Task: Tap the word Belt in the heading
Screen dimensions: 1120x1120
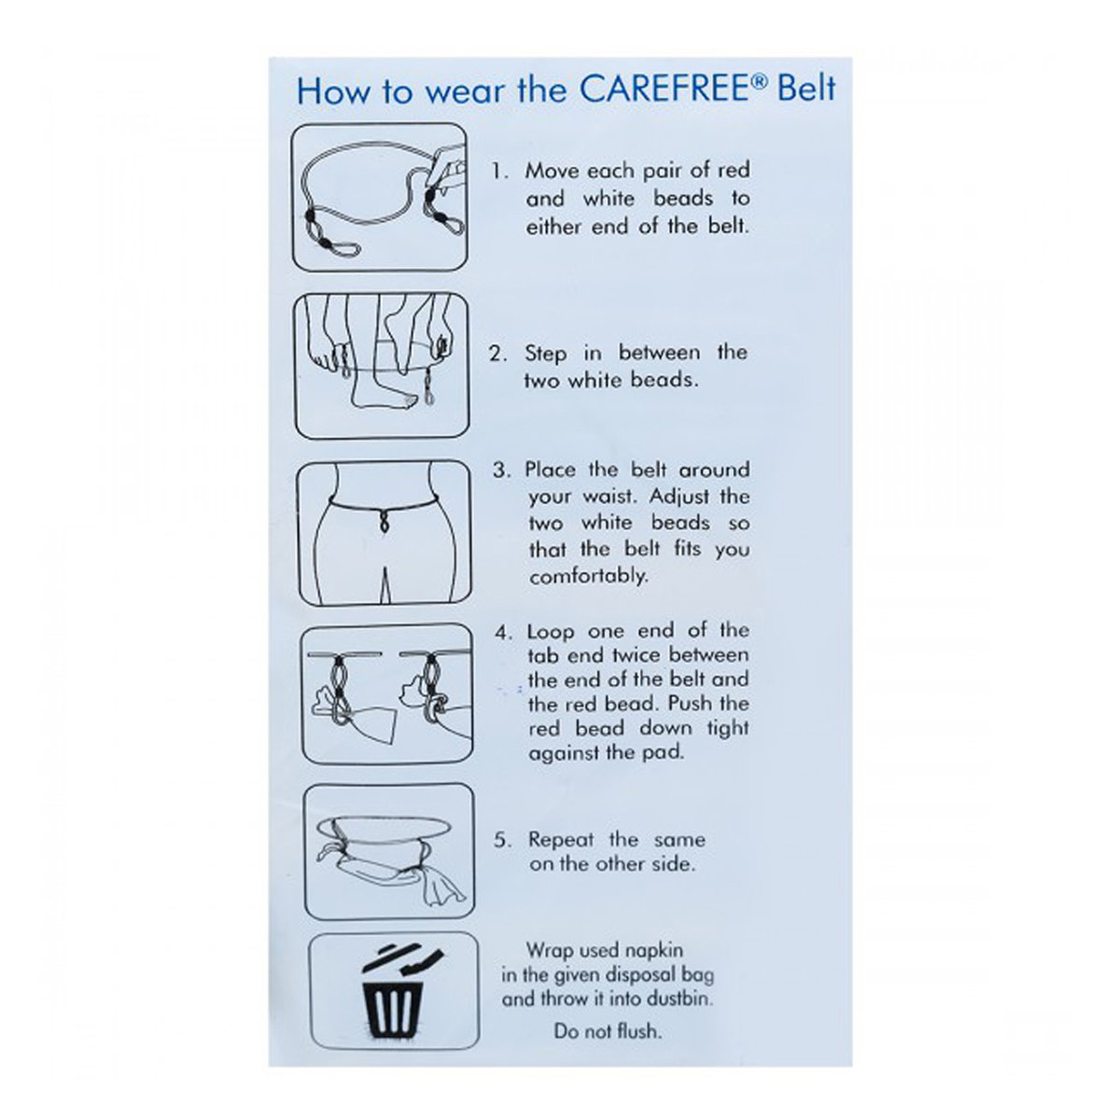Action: click(x=806, y=90)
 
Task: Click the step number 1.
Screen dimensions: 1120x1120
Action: click(x=499, y=172)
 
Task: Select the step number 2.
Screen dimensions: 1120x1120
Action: click(x=497, y=354)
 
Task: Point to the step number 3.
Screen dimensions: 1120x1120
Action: click(x=501, y=470)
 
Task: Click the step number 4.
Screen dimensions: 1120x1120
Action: click(x=503, y=633)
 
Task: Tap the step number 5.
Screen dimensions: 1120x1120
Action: click(x=503, y=840)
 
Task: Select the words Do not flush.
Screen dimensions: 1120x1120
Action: click(x=608, y=1031)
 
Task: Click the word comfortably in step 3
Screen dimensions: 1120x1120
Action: click(x=588, y=577)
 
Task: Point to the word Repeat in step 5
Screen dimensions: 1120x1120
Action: click(x=561, y=840)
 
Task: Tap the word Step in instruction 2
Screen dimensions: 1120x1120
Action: click(x=545, y=354)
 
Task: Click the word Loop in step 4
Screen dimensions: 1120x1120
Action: click(x=551, y=633)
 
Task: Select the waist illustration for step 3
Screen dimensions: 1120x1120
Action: click(x=385, y=534)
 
